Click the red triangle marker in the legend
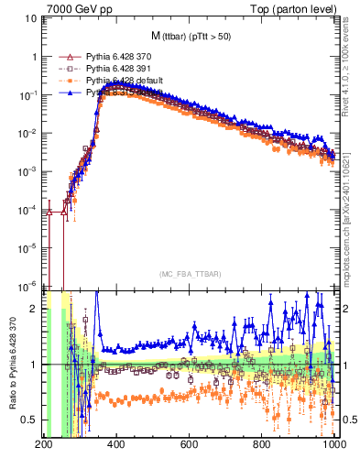pos(64,57)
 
